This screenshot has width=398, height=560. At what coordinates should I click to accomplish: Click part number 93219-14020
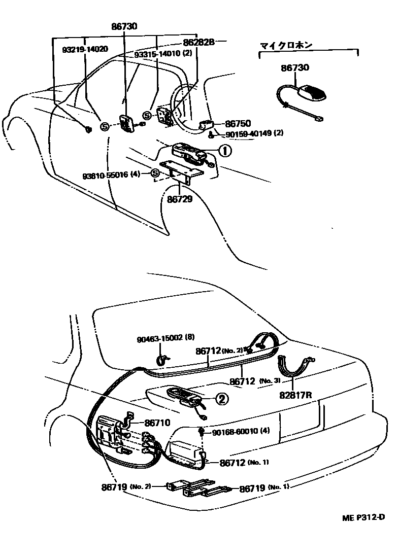click(85, 50)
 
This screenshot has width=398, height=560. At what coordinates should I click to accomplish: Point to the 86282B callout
click(198, 43)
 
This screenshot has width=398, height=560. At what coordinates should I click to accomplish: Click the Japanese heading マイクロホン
click(286, 45)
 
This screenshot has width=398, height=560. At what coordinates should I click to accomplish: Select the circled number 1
click(225, 150)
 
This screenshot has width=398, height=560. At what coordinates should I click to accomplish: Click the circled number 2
click(221, 399)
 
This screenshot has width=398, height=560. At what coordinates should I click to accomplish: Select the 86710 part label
click(157, 422)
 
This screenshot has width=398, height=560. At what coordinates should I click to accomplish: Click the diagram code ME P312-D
click(362, 517)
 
